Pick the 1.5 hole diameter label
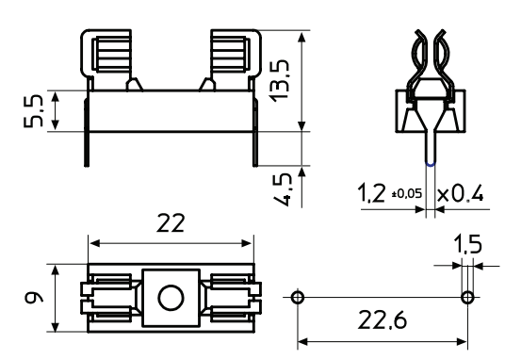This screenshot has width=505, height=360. click(x=468, y=246)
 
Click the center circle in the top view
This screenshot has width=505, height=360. click(x=171, y=299)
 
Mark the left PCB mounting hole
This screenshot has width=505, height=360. click(x=298, y=298)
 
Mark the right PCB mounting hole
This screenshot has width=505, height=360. click(x=466, y=298)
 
